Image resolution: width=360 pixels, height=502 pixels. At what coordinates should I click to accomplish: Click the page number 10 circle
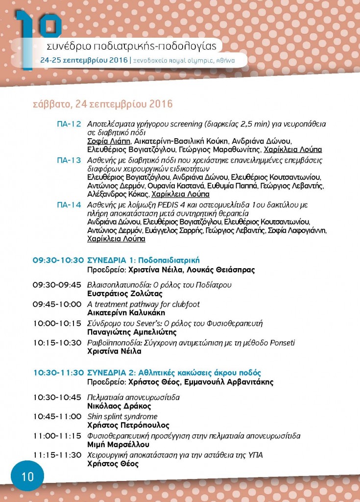tap(27, 476)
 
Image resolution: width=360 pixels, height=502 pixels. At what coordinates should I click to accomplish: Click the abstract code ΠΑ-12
tap(69, 124)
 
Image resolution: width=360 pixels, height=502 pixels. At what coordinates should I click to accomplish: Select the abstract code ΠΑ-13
tap(69, 160)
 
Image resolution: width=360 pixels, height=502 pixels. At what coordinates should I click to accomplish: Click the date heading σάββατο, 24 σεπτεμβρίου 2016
tap(102, 105)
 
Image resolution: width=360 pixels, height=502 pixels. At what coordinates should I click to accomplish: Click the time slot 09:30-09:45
tap(57, 285)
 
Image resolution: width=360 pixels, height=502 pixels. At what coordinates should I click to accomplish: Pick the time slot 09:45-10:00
tap(57, 304)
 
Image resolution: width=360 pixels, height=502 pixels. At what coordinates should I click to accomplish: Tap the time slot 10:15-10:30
tap(57, 343)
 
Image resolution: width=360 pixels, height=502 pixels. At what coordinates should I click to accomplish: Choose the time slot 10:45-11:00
tap(57, 416)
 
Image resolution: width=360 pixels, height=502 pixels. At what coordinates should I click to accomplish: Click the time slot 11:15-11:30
tap(57, 455)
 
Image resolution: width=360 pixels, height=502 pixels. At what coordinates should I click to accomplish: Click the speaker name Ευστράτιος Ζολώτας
tap(124, 294)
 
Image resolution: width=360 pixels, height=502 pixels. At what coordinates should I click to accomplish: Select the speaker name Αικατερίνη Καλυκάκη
tap(126, 313)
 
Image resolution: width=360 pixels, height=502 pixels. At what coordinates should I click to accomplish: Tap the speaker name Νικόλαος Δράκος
tap(119, 406)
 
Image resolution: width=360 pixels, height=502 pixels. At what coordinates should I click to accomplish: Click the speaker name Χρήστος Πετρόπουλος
tap(128, 426)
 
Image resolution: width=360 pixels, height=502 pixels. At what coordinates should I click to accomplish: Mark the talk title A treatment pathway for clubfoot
tap(143, 304)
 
